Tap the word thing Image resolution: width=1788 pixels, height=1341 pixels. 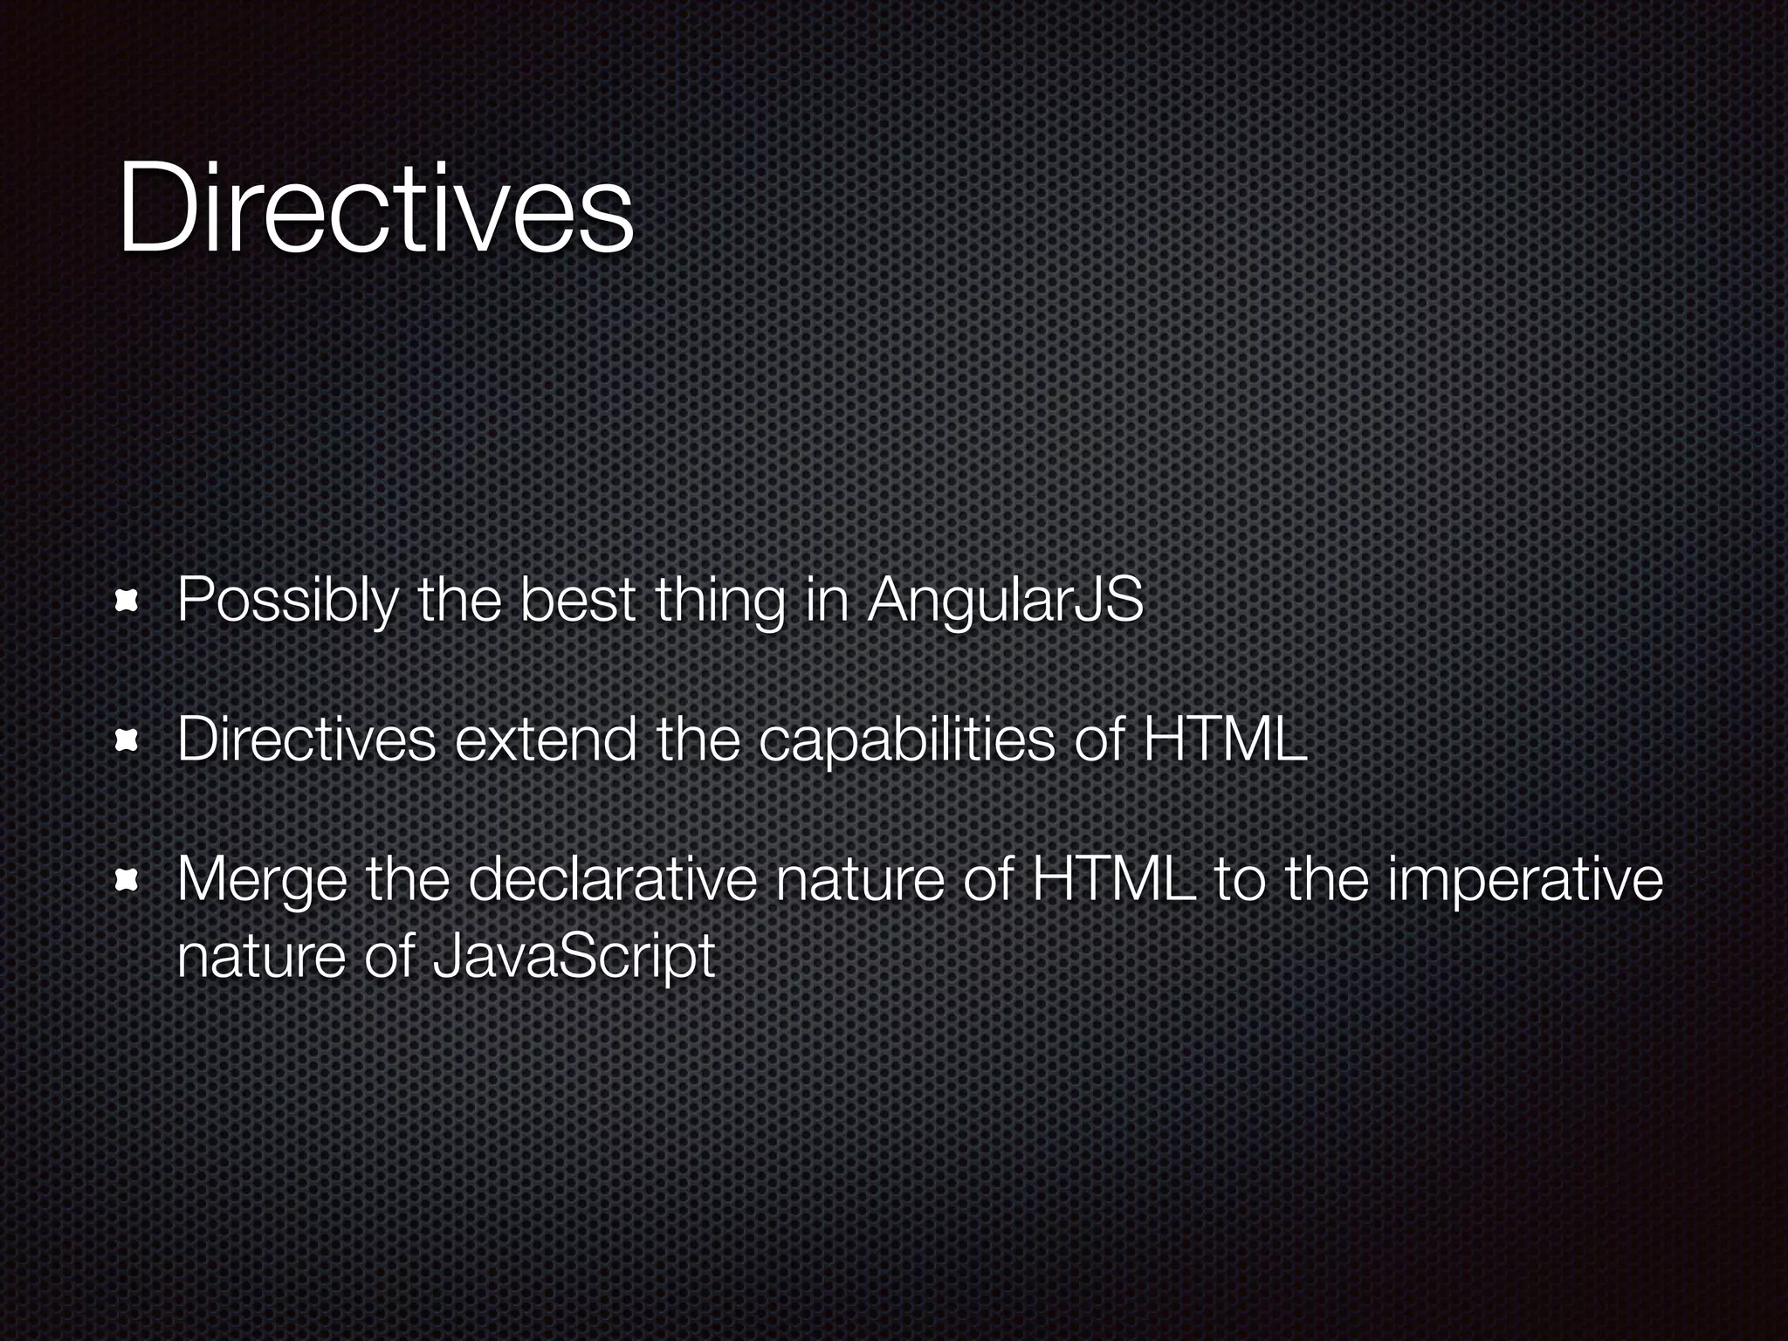click(x=719, y=602)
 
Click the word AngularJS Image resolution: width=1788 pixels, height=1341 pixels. click(x=1005, y=602)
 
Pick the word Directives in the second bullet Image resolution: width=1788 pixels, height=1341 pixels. click(x=306, y=740)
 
